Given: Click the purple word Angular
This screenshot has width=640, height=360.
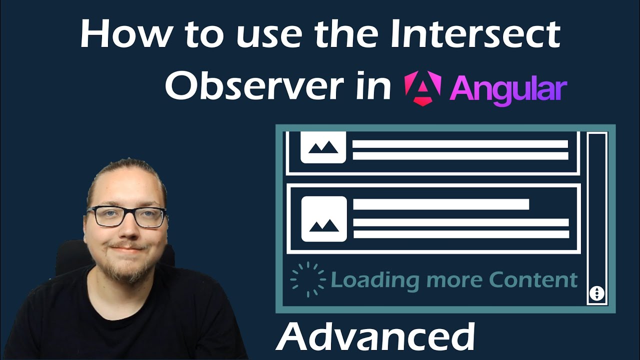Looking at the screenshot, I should click(x=508, y=89).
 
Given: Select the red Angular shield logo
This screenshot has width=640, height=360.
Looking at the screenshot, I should click(x=422, y=87).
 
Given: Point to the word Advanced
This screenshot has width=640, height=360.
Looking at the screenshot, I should click(x=374, y=337).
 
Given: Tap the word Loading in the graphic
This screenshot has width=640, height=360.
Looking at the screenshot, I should click(x=375, y=280).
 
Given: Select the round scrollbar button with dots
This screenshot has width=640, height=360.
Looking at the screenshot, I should click(x=596, y=293).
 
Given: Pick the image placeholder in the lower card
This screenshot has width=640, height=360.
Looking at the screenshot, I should click(x=324, y=219).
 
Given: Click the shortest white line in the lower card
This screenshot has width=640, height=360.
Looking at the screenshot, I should click(x=441, y=204).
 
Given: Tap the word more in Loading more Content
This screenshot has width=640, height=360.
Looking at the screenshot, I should click(x=454, y=279).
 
